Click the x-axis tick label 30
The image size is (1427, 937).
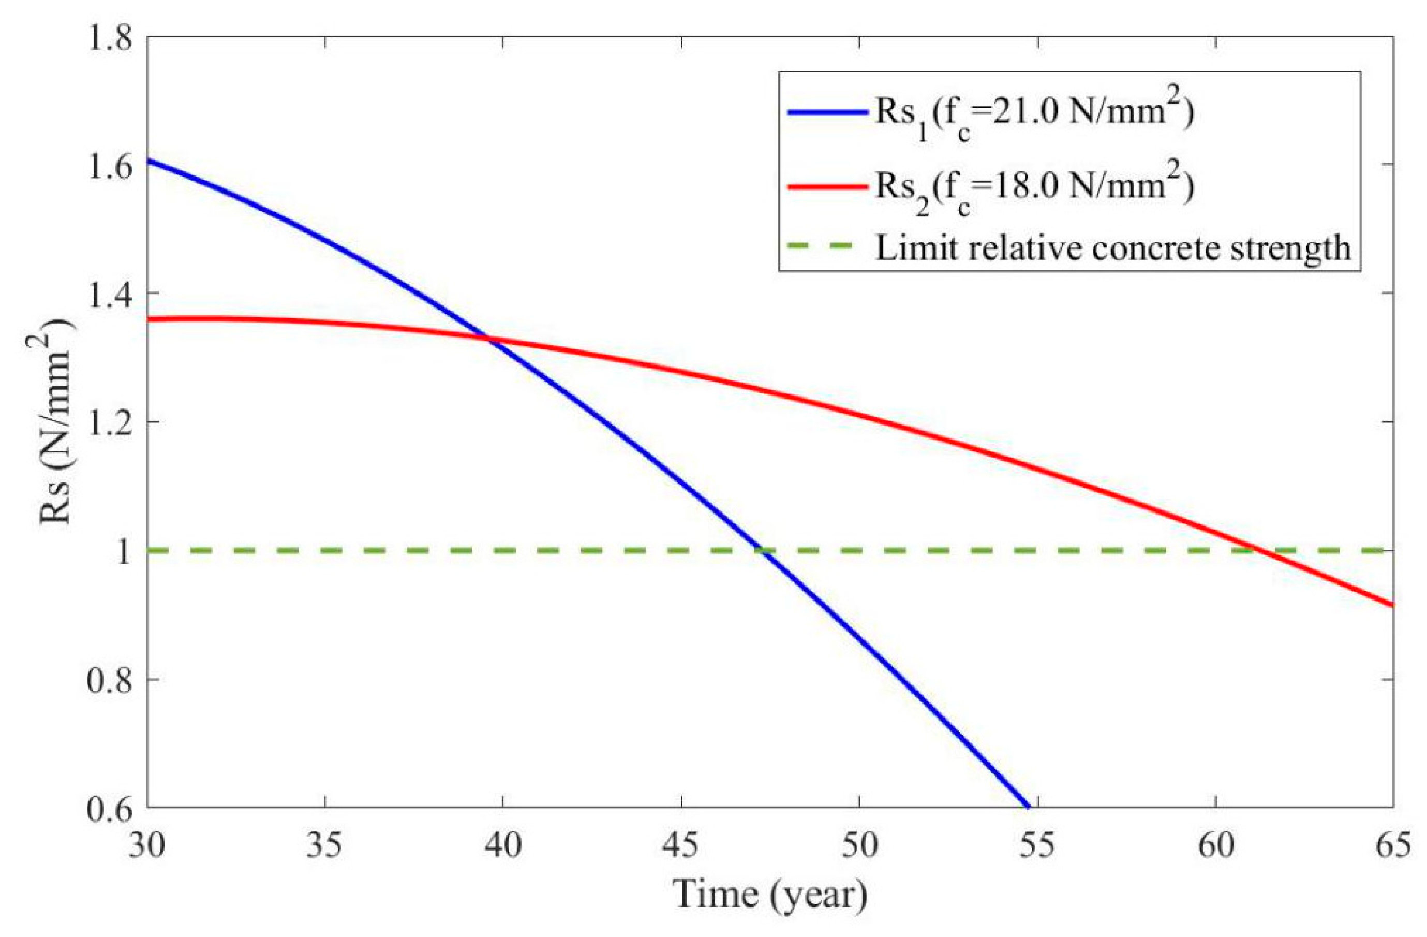pos(147,847)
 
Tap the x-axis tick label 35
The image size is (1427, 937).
pos(325,847)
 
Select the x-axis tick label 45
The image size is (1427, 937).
pos(682,847)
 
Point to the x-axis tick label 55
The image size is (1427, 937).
pos(1037,847)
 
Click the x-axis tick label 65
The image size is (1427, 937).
pos(1392,847)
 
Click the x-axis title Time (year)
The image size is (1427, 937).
pos(770,896)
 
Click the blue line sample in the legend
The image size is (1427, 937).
pos(827,112)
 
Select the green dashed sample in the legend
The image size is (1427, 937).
pos(827,247)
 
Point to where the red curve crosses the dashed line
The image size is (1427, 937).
pos(1254,550)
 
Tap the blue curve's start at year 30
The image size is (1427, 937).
pos(148,160)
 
